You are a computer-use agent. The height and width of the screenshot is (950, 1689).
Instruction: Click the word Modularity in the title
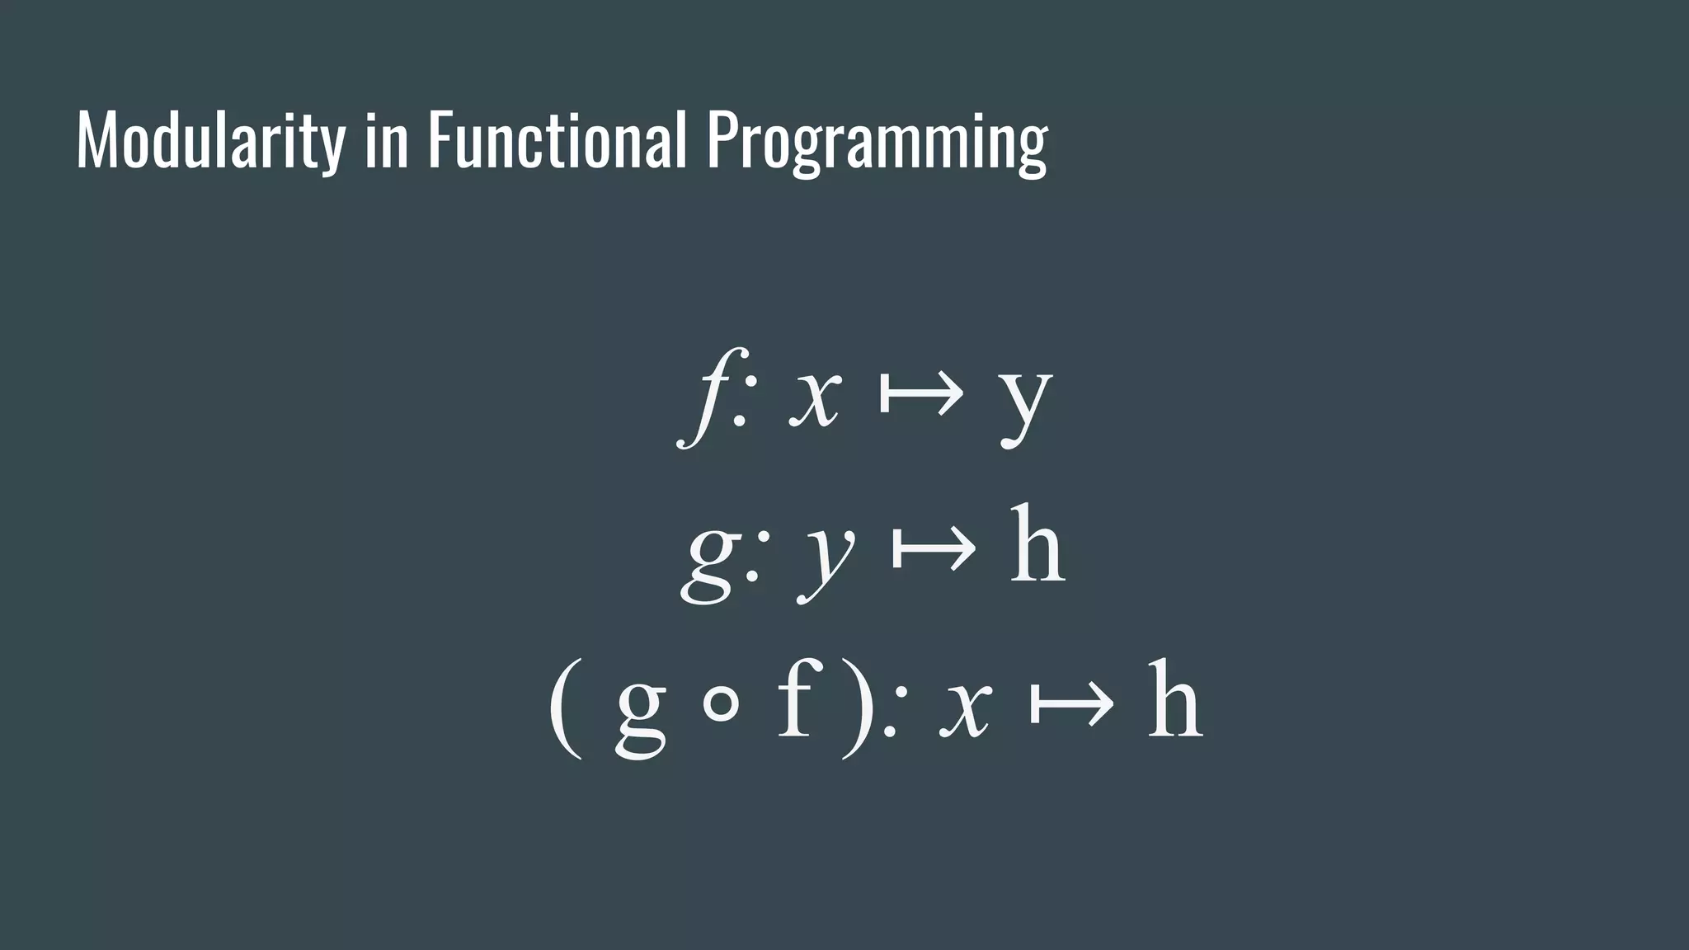[210, 142]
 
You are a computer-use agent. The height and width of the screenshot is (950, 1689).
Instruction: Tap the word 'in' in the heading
[386, 142]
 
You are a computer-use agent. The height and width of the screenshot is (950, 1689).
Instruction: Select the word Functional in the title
[557, 142]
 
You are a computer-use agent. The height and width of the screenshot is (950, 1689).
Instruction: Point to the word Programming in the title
[877, 142]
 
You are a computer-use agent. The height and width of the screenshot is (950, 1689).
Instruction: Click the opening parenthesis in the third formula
[566, 708]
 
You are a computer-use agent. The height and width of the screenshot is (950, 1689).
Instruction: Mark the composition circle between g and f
[721, 707]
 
